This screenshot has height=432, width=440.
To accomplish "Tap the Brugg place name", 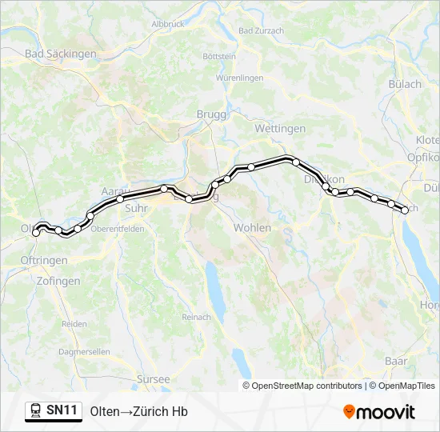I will tap(211, 114).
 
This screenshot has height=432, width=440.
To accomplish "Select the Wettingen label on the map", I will tap(280, 128).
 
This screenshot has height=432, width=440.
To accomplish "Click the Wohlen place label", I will tap(252, 228).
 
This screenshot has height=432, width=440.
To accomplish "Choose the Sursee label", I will tap(154, 379).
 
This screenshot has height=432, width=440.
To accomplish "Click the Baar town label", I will tap(395, 361).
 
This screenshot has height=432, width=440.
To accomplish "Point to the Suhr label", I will tap(138, 208).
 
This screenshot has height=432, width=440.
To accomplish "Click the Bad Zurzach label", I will tap(261, 30).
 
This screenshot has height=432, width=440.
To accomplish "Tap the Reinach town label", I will tap(196, 318).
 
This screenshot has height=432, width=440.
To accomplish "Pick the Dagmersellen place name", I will tap(85, 352).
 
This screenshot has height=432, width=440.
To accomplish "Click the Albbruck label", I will tap(167, 24).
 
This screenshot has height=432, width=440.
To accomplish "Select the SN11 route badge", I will tap(54, 411).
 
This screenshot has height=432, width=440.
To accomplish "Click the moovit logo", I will tap(379, 412).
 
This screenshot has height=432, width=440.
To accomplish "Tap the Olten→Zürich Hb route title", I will tap(139, 412).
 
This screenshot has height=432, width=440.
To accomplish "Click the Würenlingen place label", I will tap(239, 78).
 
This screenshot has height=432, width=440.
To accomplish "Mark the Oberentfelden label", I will tap(118, 228).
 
